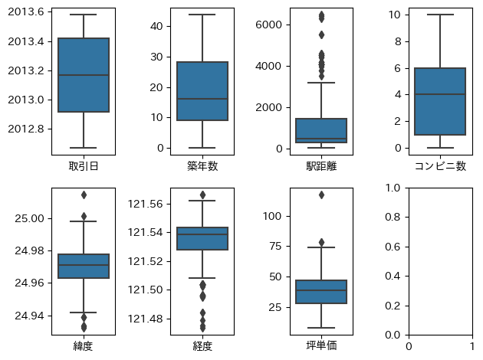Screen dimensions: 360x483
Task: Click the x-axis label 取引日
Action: point(84,165)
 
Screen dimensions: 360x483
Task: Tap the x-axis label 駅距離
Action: point(320,165)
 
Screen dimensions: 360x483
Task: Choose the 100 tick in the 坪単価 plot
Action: point(271,217)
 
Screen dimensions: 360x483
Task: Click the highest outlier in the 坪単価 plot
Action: point(321,195)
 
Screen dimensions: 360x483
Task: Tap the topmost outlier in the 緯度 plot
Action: point(84,195)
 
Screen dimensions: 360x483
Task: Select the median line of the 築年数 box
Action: point(202,99)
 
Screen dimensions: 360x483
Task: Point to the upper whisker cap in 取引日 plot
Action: point(84,15)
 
